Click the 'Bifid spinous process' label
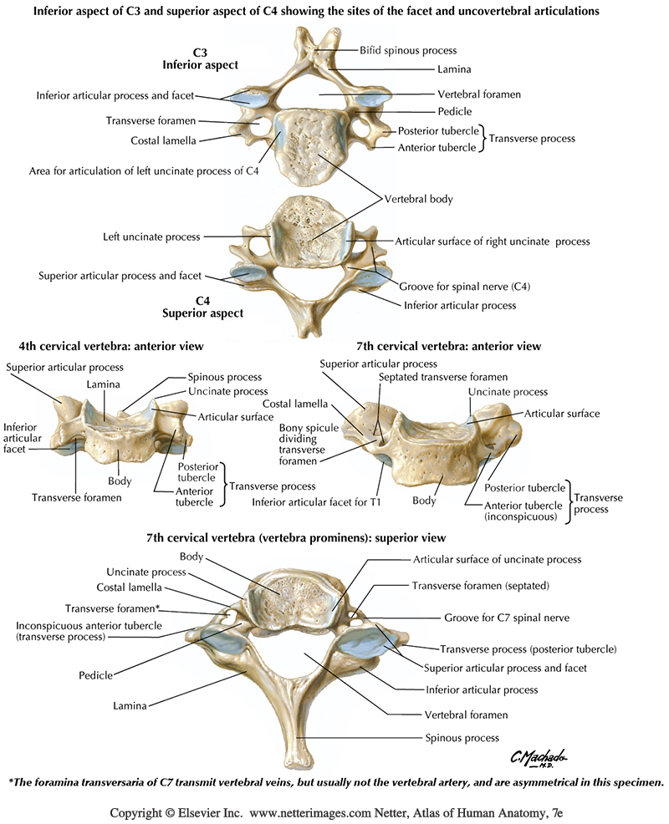click(x=408, y=50)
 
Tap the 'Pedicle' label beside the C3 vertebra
click(x=455, y=111)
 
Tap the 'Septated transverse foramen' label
click(x=442, y=378)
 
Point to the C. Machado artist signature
click(x=539, y=758)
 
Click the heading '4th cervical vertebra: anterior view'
click(x=105, y=346)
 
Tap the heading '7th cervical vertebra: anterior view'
click(x=448, y=346)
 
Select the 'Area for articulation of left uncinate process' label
click(x=144, y=170)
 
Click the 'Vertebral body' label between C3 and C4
click(x=418, y=200)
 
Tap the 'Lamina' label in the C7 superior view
click(x=130, y=706)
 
